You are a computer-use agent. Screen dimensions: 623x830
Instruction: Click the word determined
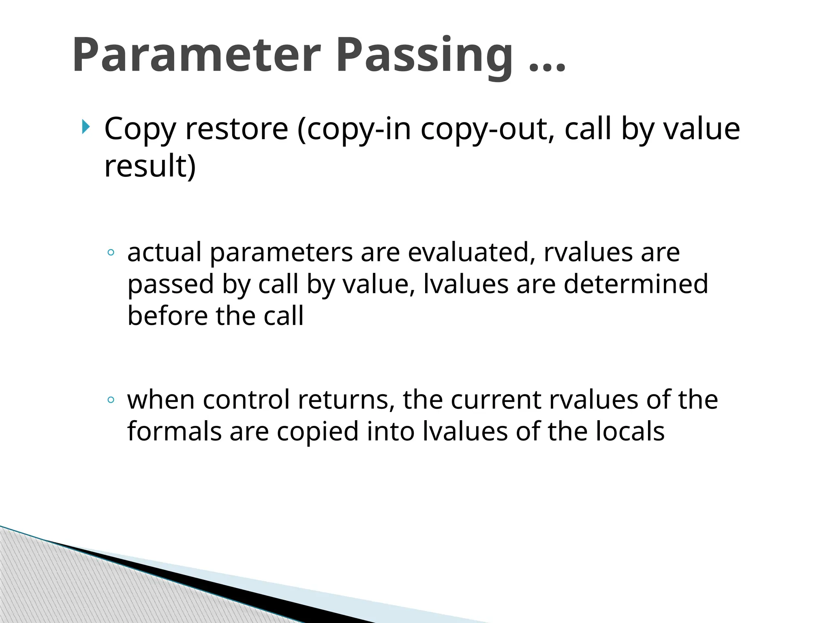coord(636,284)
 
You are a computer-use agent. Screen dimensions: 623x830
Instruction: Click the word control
coord(246,400)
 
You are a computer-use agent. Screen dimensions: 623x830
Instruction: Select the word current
coord(496,400)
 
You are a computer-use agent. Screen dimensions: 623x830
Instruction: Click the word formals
coord(174,431)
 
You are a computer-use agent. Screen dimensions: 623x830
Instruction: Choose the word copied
coord(318,432)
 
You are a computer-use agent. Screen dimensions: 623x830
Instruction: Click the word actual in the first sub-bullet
coord(164,252)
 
